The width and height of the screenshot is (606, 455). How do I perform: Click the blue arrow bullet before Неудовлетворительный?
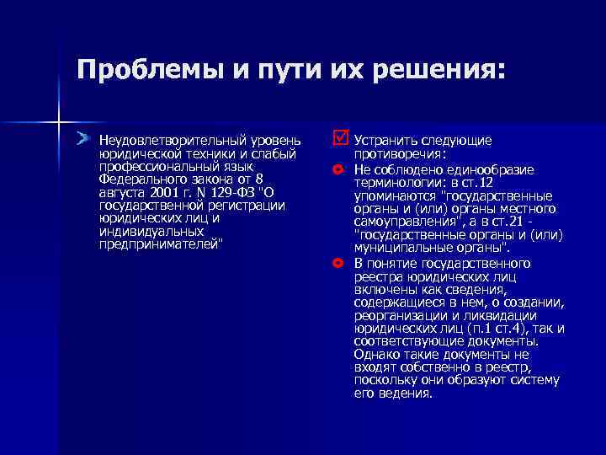coord(82,137)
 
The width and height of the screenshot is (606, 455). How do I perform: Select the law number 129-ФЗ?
coord(234,191)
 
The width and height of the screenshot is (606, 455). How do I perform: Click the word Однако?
coord(375,355)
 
